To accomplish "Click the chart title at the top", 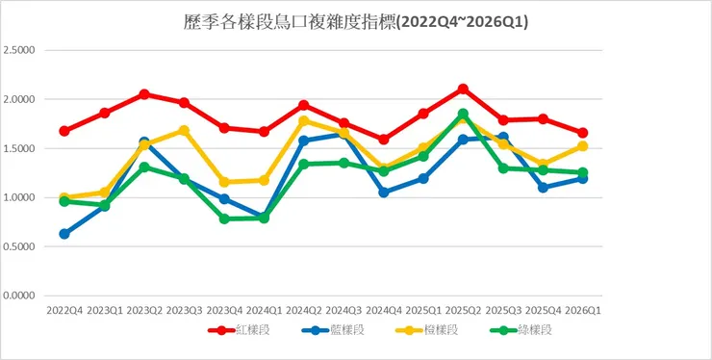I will click(355, 20).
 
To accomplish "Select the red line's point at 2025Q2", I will click(463, 89).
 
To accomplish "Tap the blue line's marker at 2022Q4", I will click(64, 234).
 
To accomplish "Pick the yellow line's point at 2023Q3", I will click(184, 130).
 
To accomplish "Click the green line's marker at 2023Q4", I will click(224, 219).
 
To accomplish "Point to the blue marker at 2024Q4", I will click(384, 192).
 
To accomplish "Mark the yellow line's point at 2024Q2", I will click(304, 121).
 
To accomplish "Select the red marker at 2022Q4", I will click(64, 131).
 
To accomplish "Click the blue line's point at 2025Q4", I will click(543, 188).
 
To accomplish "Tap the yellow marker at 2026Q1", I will click(583, 146).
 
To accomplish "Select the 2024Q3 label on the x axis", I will click(343, 310).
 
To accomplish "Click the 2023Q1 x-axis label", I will click(104, 310).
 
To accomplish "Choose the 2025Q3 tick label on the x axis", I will click(503, 310).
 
